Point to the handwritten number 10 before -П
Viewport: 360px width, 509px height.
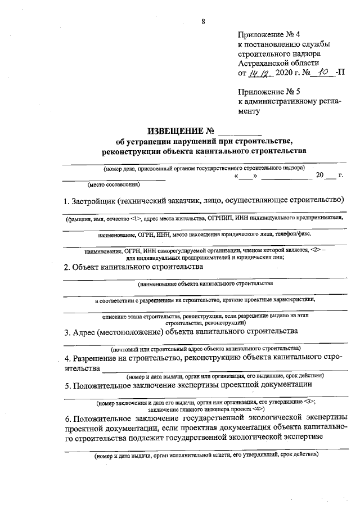(321, 72)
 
